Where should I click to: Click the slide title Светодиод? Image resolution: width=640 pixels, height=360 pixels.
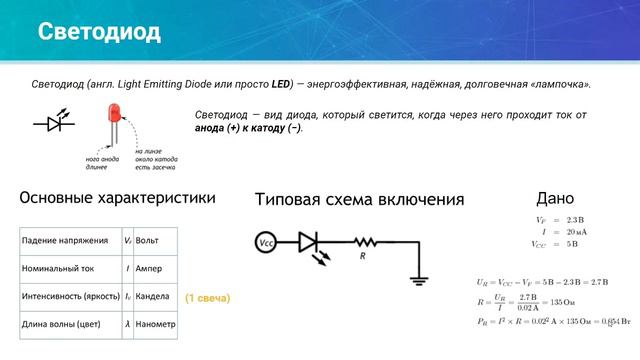click(99, 31)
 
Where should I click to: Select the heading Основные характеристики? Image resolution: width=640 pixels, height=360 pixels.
click(117, 198)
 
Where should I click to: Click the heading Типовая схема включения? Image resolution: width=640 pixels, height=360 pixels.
click(359, 199)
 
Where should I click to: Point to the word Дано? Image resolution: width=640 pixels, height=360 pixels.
click(555, 198)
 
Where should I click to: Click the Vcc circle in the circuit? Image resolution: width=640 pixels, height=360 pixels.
click(266, 243)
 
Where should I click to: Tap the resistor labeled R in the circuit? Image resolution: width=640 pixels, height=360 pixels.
click(364, 243)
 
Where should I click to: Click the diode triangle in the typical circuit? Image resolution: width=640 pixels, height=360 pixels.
click(309, 243)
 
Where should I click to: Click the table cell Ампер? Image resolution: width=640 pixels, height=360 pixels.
click(150, 269)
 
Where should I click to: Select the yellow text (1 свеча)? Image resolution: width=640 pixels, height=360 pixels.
click(208, 298)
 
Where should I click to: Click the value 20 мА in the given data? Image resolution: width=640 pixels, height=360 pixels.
click(577, 231)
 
